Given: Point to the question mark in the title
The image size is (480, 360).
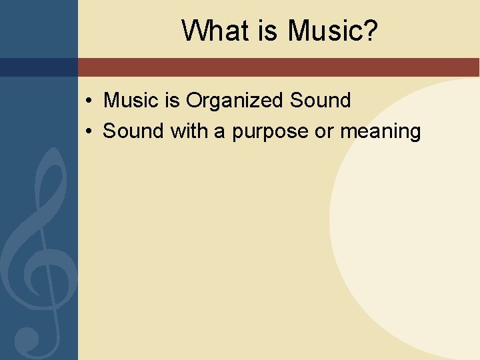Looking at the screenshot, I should tap(369, 31).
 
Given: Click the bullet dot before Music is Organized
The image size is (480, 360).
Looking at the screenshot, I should tap(89, 101).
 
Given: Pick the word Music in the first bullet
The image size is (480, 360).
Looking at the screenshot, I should tap(133, 101).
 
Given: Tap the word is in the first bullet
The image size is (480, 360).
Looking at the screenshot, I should tap(173, 101).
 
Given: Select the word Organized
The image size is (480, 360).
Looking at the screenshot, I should tap(235, 101).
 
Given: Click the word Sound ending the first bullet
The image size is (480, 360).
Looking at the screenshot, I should tap(320, 101).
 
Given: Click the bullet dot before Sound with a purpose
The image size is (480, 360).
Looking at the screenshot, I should tap(89, 132).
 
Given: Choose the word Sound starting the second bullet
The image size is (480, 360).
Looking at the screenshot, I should tap(133, 131).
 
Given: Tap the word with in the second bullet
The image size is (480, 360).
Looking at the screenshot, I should tap(189, 131).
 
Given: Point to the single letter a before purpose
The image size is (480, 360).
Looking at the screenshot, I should tap(219, 132).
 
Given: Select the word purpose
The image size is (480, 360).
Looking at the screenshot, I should tap(270, 133).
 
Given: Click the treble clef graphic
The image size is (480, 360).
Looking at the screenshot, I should tap(40, 253).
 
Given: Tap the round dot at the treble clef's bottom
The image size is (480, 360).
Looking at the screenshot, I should tap(27, 338).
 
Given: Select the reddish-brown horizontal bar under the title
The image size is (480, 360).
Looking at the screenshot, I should tap(279, 67).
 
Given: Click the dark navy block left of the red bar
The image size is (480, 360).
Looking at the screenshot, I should tap(39, 67).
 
